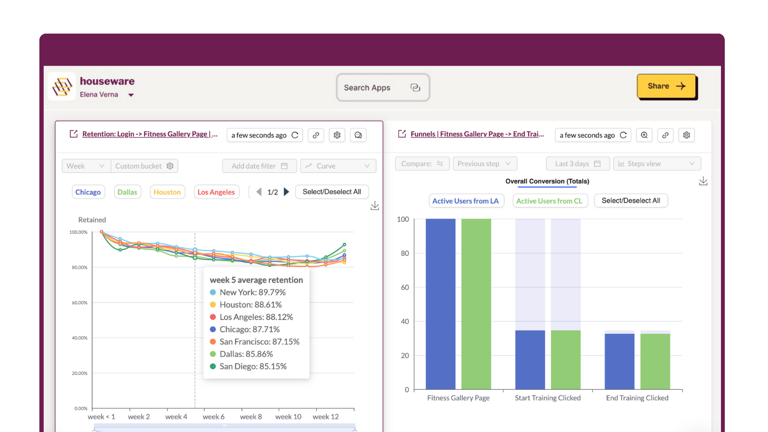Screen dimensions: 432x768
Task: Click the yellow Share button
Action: pyautogui.click(x=666, y=86)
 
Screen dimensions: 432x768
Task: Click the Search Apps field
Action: pyautogui.click(x=382, y=87)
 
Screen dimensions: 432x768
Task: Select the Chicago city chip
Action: pyautogui.click(x=88, y=192)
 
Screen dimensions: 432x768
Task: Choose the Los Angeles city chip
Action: pyautogui.click(x=216, y=192)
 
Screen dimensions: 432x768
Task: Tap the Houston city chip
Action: pyautogui.click(x=167, y=192)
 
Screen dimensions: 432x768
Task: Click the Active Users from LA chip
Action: pyautogui.click(x=466, y=201)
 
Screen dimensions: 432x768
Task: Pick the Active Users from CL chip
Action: pyautogui.click(x=549, y=201)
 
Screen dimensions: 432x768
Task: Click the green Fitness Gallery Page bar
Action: pyautogui.click(x=476, y=304)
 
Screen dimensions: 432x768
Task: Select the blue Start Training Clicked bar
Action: pyautogui.click(x=530, y=360)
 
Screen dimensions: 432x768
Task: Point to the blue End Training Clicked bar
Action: pyautogui.click(x=619, y=361)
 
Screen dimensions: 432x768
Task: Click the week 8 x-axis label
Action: pyautogui.click(x=251, y=417)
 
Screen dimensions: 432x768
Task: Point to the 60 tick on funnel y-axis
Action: pyautogui.click(x=405, y=288)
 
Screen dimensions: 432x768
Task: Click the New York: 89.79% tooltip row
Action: pyautogui.click(x=252, y=292)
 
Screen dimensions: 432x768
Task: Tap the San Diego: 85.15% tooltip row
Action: pyautogui.click(x=253, y=366)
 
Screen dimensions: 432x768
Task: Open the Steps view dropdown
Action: pyautogui.click(x=657, y=164)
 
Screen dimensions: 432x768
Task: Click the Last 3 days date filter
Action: pyautogui.click(x=577, y=164)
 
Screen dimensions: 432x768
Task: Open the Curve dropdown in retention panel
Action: pyautogui.click(x=338, y=166)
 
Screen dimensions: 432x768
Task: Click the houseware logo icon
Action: pyautogui.click(x=62, y=87)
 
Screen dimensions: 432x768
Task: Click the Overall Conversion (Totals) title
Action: pyautogui.click(x=547, y=181)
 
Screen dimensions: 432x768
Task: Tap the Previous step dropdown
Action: pyautogui.click(x=484, y=164)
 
